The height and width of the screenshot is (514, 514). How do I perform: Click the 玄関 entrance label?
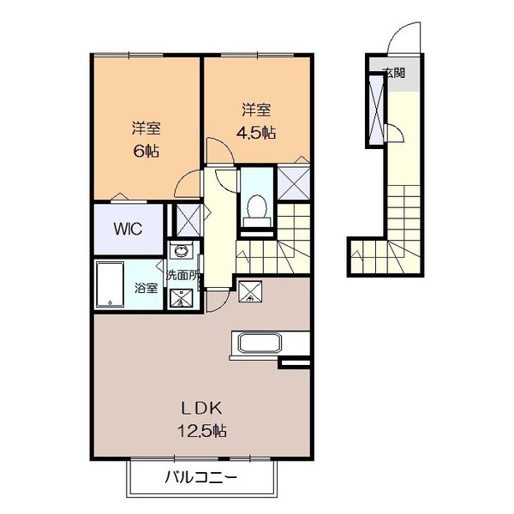[394, 74]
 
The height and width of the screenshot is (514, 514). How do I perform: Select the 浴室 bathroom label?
[146, 288]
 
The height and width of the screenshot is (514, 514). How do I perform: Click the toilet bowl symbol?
[255, 206]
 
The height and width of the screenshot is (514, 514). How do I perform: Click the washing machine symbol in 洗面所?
[182, 297]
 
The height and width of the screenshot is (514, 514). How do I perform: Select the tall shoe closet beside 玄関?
[376, 108]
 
